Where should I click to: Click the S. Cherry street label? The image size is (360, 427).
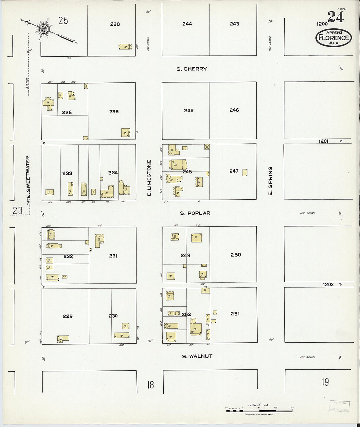pos(191,69)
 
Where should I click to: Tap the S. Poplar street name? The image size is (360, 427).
pos(195,213)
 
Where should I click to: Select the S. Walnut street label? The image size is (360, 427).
pos(197,356)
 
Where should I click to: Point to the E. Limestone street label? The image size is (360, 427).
pos(149,178)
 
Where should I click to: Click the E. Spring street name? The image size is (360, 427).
pos(270,182)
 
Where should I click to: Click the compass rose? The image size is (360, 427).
pos(43,29)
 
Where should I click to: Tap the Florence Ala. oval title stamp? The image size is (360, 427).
pos(333,38)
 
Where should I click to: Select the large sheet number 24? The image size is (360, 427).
pos(335,17)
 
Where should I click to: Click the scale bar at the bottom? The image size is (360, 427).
pos(259,409)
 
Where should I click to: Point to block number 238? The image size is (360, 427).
pos(115,24)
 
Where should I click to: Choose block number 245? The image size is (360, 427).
pos(189,110)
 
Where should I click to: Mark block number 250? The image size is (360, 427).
pos(236,255)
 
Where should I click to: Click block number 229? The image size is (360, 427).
pos(67,316)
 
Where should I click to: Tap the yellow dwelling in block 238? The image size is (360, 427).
pos(125,46)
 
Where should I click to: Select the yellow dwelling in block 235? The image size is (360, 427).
pos(125,133)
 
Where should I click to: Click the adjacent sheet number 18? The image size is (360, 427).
pos(150,384)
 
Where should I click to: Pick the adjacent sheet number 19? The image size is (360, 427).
pos(325,382)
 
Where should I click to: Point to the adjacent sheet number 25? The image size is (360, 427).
pos(63,21)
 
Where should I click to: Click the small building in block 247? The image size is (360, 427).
pos(244,172)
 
